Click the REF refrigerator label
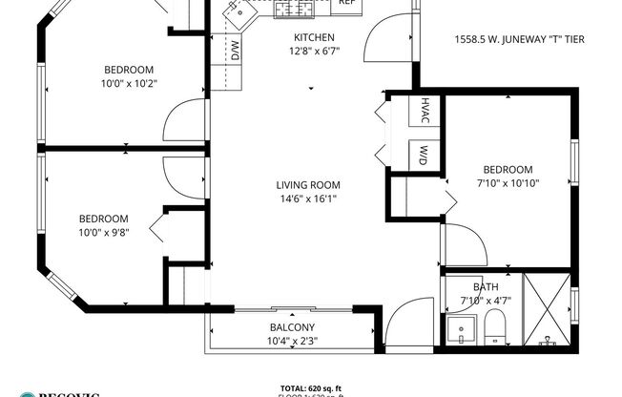point(346,3)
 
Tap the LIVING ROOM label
point(308,185)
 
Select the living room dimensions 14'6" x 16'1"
point(308,199)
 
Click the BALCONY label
point(292,328)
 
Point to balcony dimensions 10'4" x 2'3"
point(292,342)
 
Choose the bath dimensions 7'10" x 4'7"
point(486,301)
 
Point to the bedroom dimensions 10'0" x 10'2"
point(131,83)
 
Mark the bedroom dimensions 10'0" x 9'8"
point(104,231)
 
